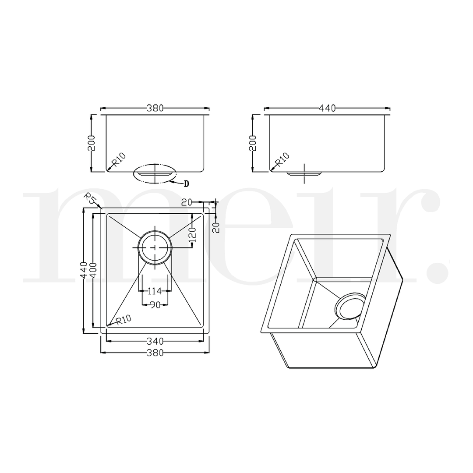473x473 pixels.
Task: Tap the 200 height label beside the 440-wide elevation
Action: click(253, 143)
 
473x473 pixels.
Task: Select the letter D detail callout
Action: click(186, 184)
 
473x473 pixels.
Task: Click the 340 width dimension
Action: click(155, 341)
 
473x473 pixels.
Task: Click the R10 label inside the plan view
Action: click(122, 320)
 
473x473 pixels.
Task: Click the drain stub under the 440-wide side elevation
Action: click(304, 173)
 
